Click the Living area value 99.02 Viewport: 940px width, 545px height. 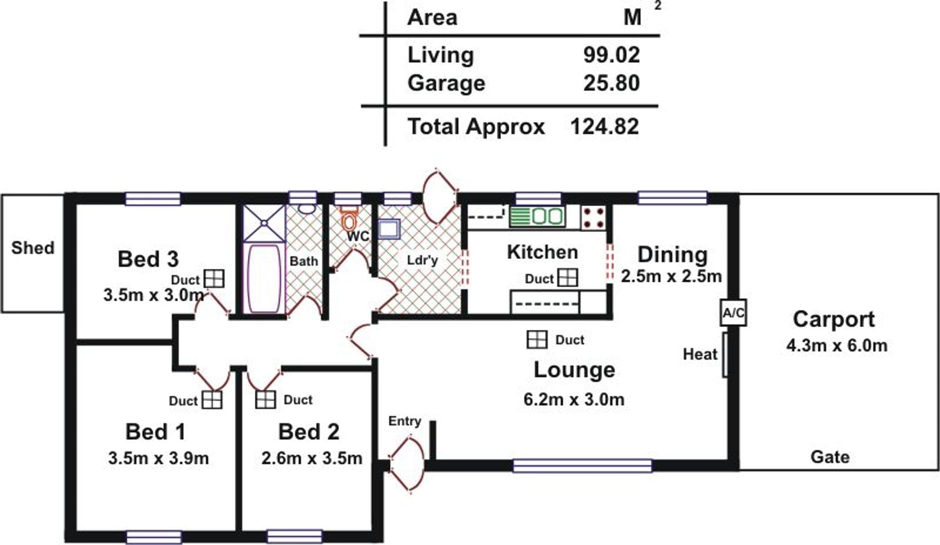(x=612, y=55)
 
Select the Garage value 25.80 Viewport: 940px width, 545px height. (x=612, y=83)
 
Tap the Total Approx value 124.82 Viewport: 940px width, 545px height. (x=604, y=127)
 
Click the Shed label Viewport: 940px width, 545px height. (x=33, y=248)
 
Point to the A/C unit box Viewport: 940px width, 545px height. (x=733, y=312)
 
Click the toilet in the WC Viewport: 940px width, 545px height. (x=349, y=220)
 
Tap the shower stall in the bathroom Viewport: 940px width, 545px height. (x=264, y=223)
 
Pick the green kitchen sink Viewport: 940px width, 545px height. (x=537, y=216)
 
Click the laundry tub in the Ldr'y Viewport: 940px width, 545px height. (x=389, y=229)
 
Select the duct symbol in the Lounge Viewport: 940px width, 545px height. (x=537, y=339)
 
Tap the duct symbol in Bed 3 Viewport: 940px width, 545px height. (x=214, y=278)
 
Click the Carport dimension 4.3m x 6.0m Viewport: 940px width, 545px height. (x=837, y=346)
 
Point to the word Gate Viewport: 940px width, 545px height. (x=830, y=457)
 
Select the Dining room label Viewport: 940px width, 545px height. (x=672, y=255)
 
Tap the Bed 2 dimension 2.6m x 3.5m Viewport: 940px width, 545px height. (x=312, y=458)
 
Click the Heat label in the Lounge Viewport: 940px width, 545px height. (x=700, y=354)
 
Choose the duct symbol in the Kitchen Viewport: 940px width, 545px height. (x=567, y=277)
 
